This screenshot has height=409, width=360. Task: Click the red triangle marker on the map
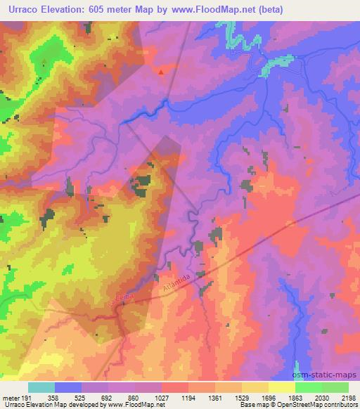tap(162, 72)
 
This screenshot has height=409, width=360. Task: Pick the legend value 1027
tap(162, 397)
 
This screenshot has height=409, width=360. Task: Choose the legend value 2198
tap(349, 397)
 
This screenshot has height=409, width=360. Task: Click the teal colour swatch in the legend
tap(41, 387)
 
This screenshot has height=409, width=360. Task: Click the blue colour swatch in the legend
tap(68, 387)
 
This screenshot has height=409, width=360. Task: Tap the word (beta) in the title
tap(266, 9)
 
